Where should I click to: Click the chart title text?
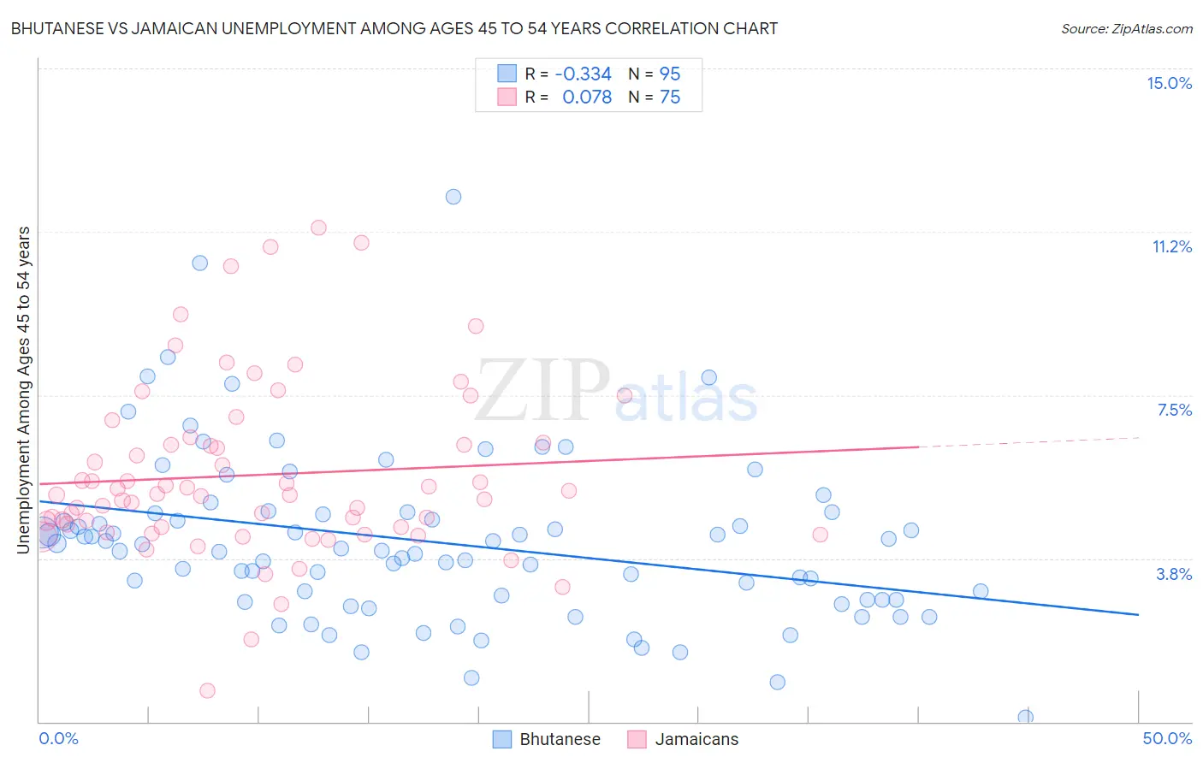pos(394,28)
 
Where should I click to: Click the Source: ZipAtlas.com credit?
pos(1126,28)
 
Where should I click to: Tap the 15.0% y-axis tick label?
pos(1169,83)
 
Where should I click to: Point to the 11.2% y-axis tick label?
pos(1171,246)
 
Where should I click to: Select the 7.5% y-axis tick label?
pos(1174,410)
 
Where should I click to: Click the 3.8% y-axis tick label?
pos(1174,574)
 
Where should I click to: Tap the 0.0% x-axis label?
pos(58,738)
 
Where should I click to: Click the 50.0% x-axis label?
pos(1167,738)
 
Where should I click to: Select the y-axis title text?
pos(24,389)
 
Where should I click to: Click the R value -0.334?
pos(583,74)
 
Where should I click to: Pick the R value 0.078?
pos(586,98)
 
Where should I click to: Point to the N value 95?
pos(670,74)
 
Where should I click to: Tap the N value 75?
pos(670,98)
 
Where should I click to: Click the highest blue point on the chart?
pos(453,197)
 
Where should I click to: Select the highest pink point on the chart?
pos(318,228)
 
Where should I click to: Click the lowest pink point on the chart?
pos(207,690)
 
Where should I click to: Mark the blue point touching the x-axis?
pos(1025,717)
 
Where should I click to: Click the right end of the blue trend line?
pos(1138,614)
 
